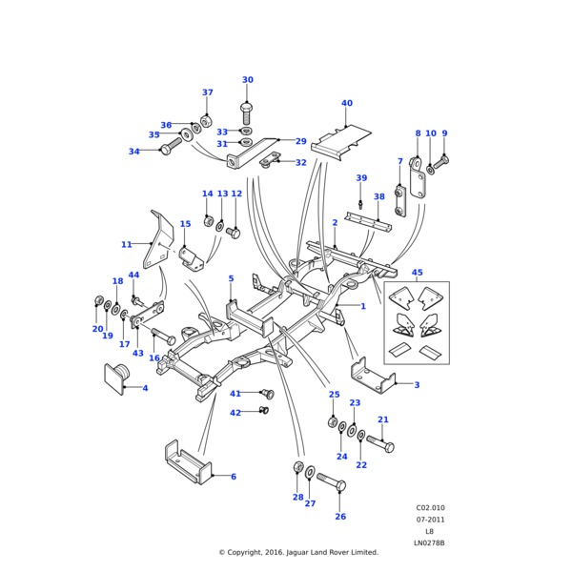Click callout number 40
pyautogui.click(x=346, y=103)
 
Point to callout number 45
pyautogui.click(x=417, y=273)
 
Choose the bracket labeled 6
pyautogui.click(x=187, y=465)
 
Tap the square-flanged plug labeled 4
pyautogui.click(x=116, y=378)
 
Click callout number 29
pyautogui.click(x=300, y=141)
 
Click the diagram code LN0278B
pyautogui.click(x=429, y=543)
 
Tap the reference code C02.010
pyautogui.click(x=430, y=508)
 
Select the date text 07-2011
pyautogui.click(x=430, y=520)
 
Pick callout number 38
pyautogui.click(x=378, y=196)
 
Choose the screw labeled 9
pyautogui.click(x=443, y=160)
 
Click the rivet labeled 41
pyautogui.click(x=267, y=393)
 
